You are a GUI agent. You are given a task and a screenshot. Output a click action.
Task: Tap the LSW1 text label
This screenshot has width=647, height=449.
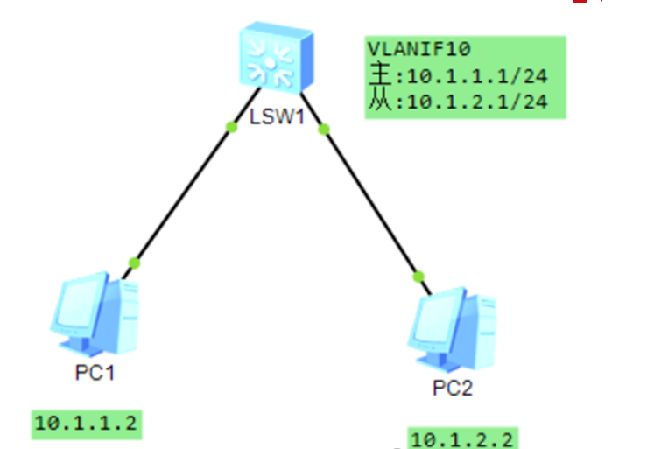(x=276, y=117)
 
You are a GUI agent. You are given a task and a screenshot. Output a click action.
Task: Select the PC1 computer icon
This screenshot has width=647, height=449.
(x=95, y=314)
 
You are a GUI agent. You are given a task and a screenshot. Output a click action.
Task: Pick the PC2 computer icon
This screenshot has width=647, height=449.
(x=452, y=326)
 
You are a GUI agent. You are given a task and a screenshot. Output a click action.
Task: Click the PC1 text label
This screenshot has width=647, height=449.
(x=95, y=374)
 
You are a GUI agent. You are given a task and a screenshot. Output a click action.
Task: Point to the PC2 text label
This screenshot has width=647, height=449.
(x=452, y=388)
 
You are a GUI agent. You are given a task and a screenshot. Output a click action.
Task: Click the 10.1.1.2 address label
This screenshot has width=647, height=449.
(x=86, y=424)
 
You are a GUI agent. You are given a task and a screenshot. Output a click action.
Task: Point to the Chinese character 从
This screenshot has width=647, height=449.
(x=378, y=102)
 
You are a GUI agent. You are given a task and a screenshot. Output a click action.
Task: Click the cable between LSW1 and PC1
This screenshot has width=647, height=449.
(x=183, y=193)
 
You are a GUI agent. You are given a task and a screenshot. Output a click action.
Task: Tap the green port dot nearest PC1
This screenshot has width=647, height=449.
(x=134, y=262)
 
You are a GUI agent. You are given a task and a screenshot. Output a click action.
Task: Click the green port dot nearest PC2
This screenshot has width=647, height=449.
(x=419, y=276)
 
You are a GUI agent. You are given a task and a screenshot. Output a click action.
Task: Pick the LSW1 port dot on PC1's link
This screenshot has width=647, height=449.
(x=231, y=127)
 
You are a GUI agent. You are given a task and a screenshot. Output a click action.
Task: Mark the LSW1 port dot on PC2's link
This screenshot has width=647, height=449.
(x=323, y=130)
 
